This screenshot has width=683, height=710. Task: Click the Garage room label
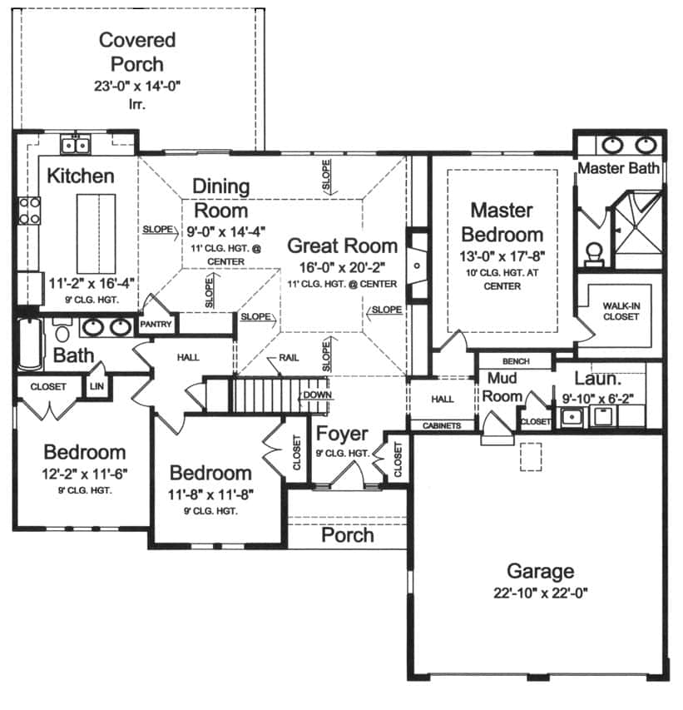click(541, 572)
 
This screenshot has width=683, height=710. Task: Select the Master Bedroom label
click(502, 221)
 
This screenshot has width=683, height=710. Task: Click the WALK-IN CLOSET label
click(621, 311)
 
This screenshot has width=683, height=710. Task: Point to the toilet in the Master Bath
click(594, 251)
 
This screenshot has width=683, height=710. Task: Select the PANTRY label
click(155, 324)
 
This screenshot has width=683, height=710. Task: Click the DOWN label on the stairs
click(316, 395)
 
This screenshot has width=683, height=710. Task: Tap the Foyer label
click(342, 434)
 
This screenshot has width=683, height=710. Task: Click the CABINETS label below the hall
click(442, 425)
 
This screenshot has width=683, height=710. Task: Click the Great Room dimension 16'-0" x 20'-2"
click(342, 268)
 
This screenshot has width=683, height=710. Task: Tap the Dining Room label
click(220, 197)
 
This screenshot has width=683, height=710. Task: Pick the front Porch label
click(347, 534)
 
